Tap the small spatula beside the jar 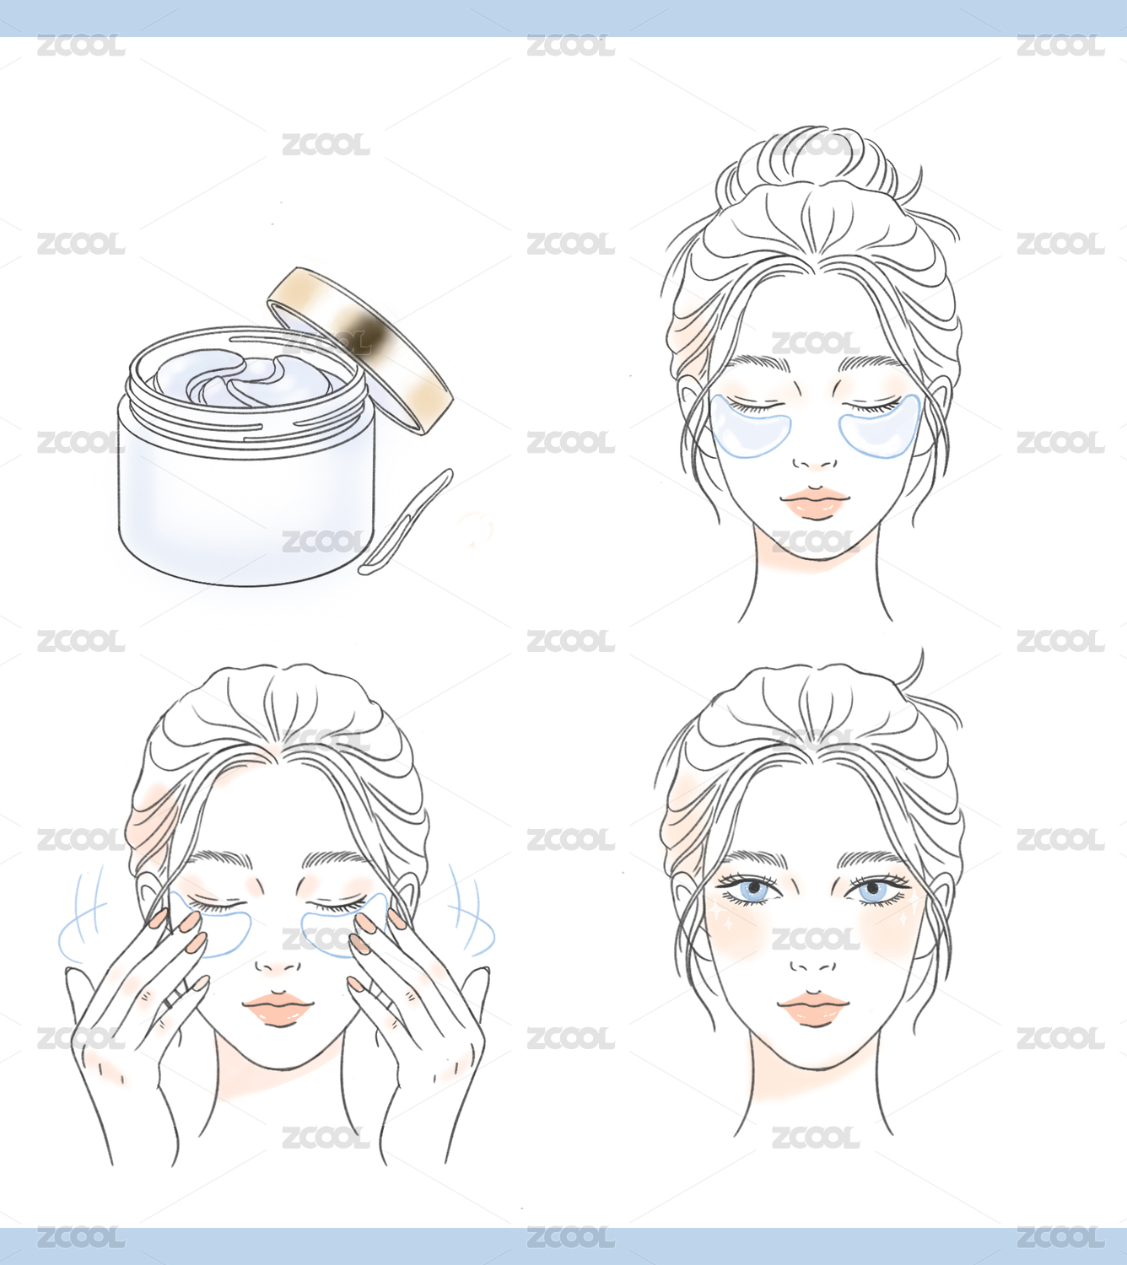tap(406, 521)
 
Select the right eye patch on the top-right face tap(880, 428)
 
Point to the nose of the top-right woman tap(815, 462)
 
